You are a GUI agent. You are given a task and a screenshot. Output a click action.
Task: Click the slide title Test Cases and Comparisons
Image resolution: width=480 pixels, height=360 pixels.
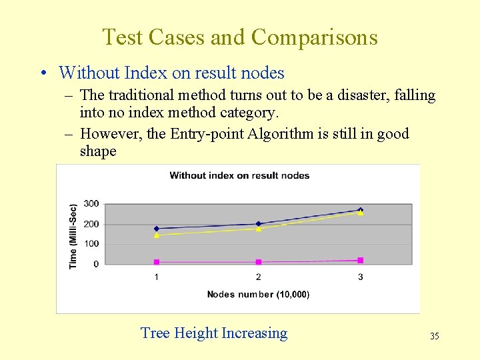(x=240, y=37)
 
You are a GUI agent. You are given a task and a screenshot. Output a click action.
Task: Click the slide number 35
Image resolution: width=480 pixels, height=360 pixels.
(x=435, y=336)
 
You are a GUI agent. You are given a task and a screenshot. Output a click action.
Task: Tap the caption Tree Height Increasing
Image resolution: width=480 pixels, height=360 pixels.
(x=214, y=333)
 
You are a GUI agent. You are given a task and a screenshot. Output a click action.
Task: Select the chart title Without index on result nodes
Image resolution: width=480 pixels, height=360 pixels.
(x=239, y=175)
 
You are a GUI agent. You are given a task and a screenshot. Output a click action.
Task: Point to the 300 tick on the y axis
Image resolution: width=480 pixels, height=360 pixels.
(x=91, y=203)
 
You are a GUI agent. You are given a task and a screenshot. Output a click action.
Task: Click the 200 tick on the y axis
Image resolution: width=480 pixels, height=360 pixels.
(x=91, y=224)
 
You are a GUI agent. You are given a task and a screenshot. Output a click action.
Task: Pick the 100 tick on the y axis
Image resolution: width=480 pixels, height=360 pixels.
(x=91, y=244)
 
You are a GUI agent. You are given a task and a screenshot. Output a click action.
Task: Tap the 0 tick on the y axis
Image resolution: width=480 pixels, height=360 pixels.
(x=96, y=264)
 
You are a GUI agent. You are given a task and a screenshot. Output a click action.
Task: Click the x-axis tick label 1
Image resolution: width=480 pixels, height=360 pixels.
(x=157, y=277)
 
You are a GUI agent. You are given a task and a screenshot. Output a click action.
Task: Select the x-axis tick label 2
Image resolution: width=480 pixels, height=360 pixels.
(x=259, y=277)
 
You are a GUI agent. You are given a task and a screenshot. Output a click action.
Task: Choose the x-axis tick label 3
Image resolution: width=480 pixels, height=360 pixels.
(x=361, y=277)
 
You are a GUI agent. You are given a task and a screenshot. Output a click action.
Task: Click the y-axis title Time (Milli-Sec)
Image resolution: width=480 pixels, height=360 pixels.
(x=73, y=236)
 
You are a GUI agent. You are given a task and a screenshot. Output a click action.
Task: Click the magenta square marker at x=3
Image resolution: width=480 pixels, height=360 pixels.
(x=361, y=260)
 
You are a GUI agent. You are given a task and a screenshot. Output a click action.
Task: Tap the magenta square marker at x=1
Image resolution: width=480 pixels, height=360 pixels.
(x=157, y=262)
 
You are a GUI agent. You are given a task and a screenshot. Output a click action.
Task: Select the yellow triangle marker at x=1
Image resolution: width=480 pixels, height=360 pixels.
(x=157, y=235)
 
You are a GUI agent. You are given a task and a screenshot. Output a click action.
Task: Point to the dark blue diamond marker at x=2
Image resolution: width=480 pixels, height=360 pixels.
(x=259, y=224)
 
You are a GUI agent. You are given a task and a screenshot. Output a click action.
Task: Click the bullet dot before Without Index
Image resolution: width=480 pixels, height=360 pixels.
(x=43, y=73)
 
